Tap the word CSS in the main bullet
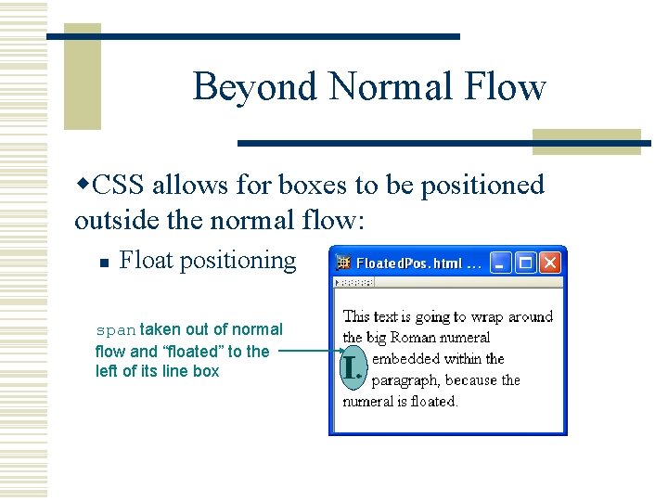119,186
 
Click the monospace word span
116,330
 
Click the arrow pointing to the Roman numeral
306,352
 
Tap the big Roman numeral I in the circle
351,368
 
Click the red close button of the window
551,263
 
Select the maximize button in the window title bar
526,263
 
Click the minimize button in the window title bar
502,263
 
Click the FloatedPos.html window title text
418,263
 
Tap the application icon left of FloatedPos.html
344,263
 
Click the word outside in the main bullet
109,222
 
